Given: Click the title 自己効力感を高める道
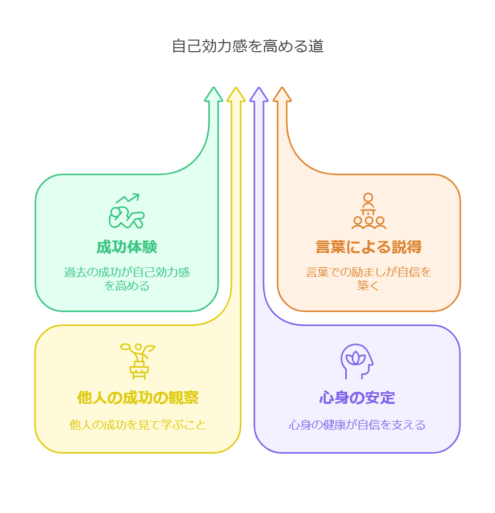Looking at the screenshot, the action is click(x=248, y=46).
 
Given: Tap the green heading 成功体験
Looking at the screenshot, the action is click(x=127, y=247).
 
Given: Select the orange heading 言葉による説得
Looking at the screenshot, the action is click(x=369, y=247).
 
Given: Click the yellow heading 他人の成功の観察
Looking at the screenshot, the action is click(x=138, y=398).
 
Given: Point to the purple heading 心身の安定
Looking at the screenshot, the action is click(x=357, y=398).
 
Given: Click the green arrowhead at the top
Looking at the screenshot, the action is click(x=213, y=94).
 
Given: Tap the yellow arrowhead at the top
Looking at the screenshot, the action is click(x=236, y=94).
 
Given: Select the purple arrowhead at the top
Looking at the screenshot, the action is click(x=259, y=94).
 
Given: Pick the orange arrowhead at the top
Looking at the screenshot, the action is click(x=282, y=94).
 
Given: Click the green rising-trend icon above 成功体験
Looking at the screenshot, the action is click(x=127, y=211).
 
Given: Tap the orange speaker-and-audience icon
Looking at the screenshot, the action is click(x=369, y=211).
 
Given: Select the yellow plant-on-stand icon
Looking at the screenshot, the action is click(x=138, y=361).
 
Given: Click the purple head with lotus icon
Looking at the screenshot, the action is click(x=357, y=361).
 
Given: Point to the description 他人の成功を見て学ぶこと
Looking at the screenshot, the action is click(x=138, y=425).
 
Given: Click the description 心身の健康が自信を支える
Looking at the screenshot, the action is click(x=357, y=425).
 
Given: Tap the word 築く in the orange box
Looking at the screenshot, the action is click(x=368, y=286).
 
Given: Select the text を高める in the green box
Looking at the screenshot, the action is click(x=127, y=286).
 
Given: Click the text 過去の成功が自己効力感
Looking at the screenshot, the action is click(x=127, y=272).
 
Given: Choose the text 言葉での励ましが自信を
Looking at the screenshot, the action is click(x=369, y=272).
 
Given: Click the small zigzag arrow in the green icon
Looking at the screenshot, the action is click(x=128, y=198).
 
